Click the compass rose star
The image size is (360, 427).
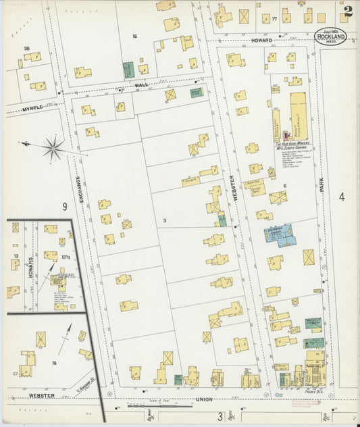coord(53,147)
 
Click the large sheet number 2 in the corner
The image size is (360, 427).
coord(347,11)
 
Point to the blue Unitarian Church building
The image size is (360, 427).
coord(278,234)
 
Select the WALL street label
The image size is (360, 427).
coord(141,85)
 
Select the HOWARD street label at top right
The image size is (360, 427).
coord(261,41)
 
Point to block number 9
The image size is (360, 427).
coord(65,205)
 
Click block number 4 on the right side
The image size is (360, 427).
coord(342,197)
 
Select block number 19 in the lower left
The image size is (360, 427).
coord(54,363)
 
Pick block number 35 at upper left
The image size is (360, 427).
coord(27,49)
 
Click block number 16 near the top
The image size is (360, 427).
coord(134,36)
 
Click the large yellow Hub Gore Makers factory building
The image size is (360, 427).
coord(298,116)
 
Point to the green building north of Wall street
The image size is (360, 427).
coord(128,69)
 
